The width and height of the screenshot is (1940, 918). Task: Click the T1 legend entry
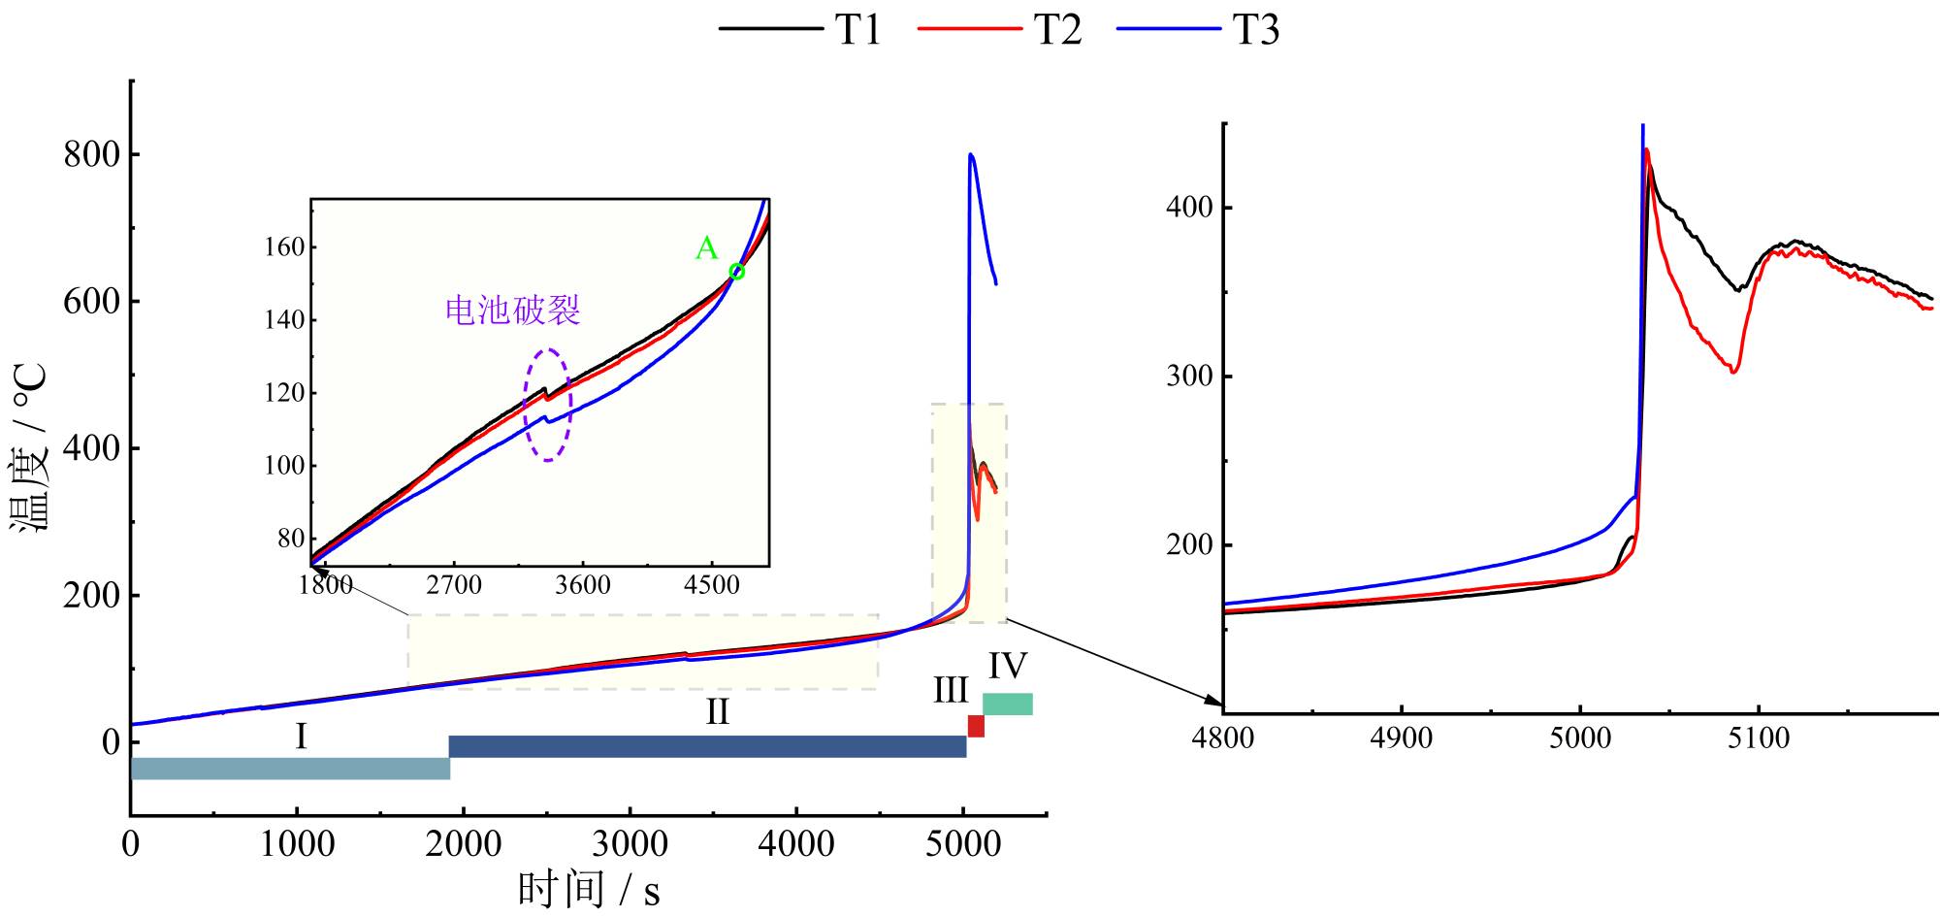[802, 29]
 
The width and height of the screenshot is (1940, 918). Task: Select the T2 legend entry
[1000, 29]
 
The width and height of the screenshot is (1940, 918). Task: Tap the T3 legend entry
[1199, 29]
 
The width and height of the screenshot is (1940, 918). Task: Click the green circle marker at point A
[736, 272]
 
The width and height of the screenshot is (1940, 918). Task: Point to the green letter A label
[706, 249]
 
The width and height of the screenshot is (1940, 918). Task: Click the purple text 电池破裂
[512, 310]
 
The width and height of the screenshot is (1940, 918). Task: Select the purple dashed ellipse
[548, 404]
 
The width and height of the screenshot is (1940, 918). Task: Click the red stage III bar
[976, 726]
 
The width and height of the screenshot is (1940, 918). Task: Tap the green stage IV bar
[1008, 704]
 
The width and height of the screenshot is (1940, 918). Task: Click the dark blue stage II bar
[707, 746]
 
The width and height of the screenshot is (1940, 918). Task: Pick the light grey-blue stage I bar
[290, 769]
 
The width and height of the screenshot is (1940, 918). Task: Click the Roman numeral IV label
[1008, 667]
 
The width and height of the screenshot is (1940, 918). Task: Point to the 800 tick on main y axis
[92, 155]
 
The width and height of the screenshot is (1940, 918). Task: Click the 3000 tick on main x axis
[630, 843]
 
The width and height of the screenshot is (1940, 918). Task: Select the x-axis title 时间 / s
[589, 889]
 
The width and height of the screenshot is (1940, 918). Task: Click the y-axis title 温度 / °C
[29, 447]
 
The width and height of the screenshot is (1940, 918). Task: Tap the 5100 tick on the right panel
[1758, 738]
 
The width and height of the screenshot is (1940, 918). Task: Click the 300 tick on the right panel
[1189, 377]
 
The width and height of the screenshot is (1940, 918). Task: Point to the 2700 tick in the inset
[454, 585]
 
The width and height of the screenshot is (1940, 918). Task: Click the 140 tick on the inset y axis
[284, 320]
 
